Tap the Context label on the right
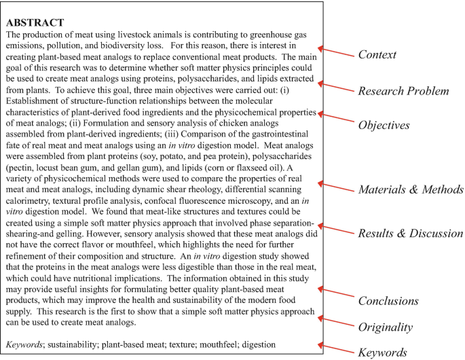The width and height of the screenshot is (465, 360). coord(377,55)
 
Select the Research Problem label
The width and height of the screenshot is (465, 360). coord(403,91)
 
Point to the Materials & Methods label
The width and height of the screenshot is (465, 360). coord(411,190)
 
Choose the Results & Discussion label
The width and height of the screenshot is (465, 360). coord(411,234)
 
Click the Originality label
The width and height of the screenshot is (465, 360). coord(385,327)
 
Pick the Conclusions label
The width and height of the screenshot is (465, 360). coord(388,301)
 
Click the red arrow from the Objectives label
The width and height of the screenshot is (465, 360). coord(335,118)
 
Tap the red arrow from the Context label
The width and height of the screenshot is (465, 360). coord(335,52)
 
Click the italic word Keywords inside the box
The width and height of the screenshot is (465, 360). coord(24,345)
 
